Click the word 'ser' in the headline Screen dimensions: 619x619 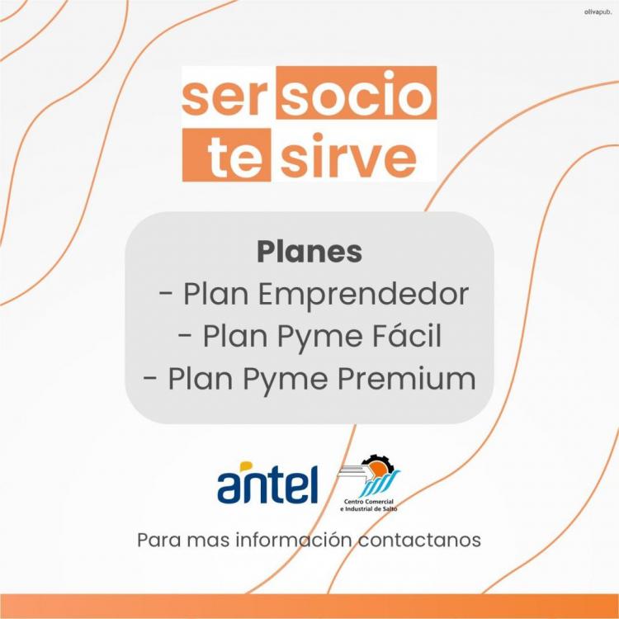(222, 97)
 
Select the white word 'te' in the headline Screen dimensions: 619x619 (235, 156)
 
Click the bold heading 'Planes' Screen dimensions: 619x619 (309, 252)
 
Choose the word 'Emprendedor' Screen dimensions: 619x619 (364, 295)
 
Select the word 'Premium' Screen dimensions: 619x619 (407, 379)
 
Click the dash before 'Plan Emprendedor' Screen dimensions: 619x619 (165, 295)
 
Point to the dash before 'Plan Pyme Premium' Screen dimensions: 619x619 (150, 379)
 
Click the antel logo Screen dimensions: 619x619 (267, 483)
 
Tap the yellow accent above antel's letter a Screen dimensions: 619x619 (246, 466)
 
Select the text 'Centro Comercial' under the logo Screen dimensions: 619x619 (369, 502)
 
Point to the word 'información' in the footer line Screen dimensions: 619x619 (294, 540)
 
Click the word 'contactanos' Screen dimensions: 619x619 (419, 541)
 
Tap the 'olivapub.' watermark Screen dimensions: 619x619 (598, 12)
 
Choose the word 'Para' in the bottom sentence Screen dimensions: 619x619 (159, 541)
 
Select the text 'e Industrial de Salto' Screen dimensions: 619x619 (369, 509)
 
